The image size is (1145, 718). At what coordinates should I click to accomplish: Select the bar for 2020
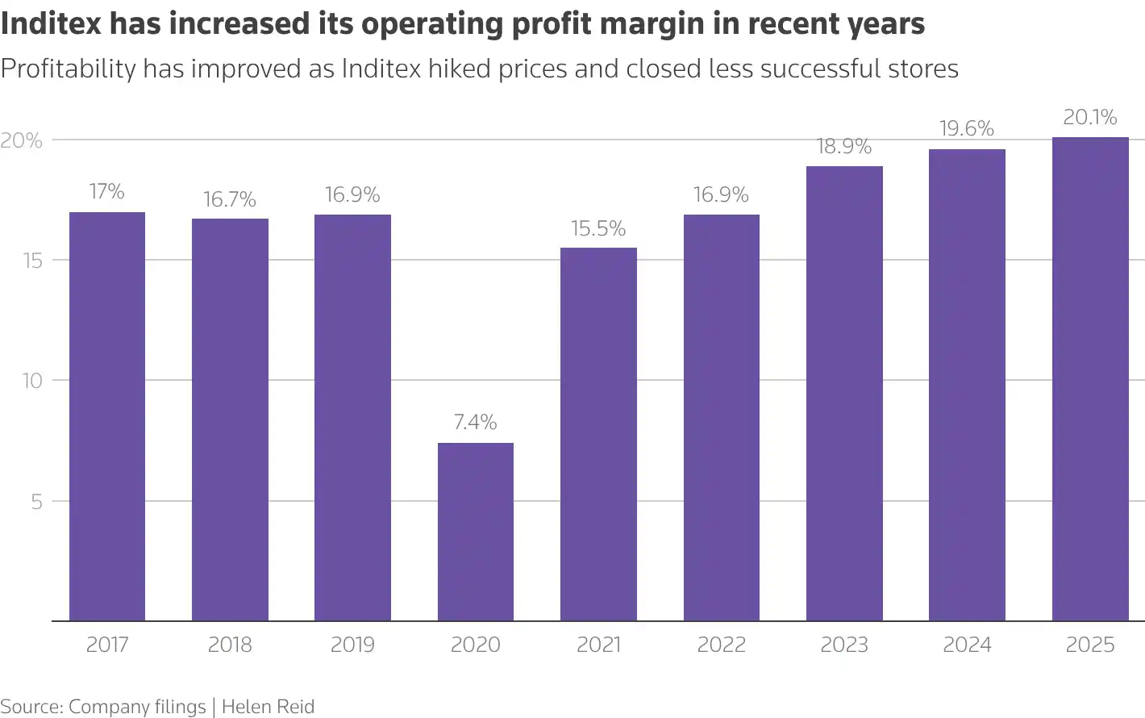[x=476, y=532]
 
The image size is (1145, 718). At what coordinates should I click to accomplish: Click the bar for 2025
[x=1090, y=379]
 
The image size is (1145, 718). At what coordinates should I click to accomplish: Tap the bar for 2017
[x=107, y=416]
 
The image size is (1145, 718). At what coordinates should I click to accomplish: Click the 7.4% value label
[x=476, y=422]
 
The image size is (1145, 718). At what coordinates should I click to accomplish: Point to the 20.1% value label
[x=1090, y=118]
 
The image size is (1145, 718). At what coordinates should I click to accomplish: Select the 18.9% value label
[x=844, y=147]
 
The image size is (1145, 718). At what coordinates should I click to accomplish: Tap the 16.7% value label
[x=230, y=199]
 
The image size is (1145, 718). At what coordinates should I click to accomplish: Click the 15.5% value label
[x=598, y=229]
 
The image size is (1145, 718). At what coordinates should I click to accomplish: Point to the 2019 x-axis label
[x=353, y=645]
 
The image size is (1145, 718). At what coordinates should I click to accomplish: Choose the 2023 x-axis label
[x=844, y=645]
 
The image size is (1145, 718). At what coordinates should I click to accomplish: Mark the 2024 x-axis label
[x=967, y=645]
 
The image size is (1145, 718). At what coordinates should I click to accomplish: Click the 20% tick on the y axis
[x=22, y=140]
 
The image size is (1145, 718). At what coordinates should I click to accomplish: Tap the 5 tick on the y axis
[x=36, y=502]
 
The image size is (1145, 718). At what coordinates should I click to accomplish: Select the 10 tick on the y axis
[x=32, y=381]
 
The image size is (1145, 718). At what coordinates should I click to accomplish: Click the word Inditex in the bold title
[x=52, y=24]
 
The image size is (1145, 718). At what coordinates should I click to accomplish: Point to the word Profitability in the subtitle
[x=68, y=69]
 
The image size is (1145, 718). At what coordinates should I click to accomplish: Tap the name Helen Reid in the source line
[x=268, y=707]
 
